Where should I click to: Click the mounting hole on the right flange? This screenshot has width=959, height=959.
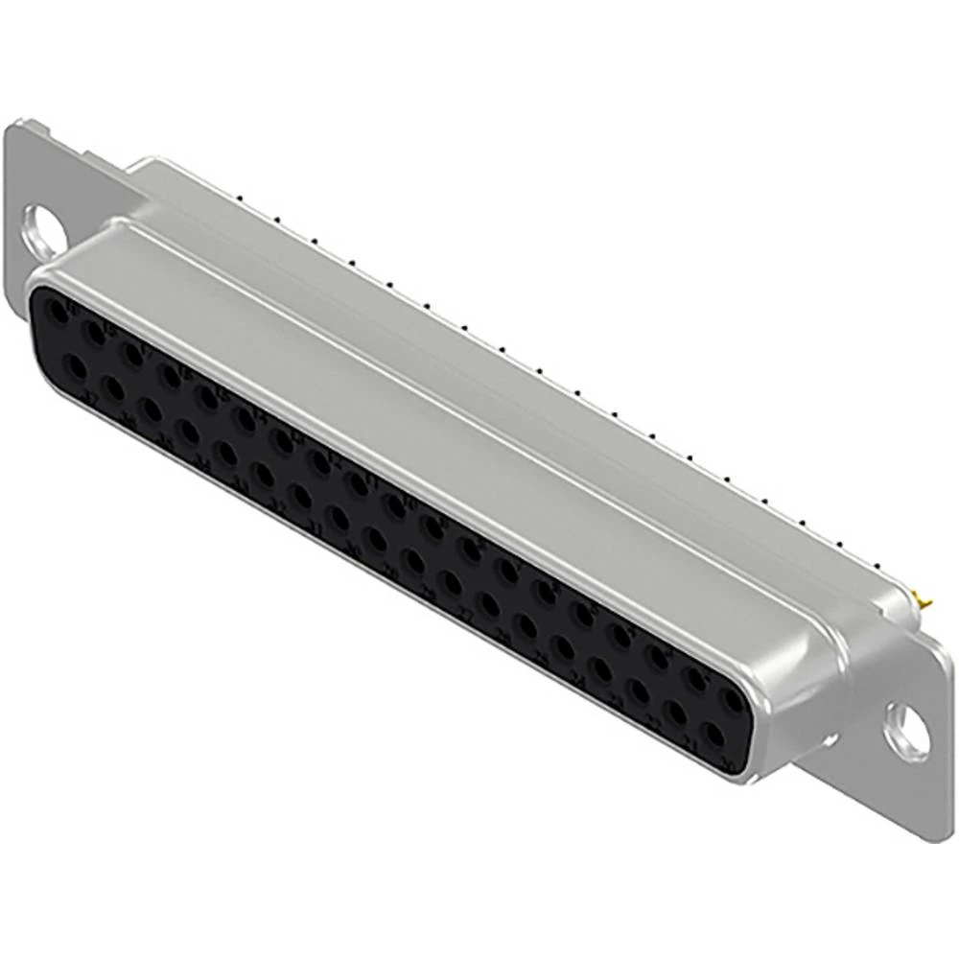click(x=905, y=733)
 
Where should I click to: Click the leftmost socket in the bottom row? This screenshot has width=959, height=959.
click(x=74, y=366)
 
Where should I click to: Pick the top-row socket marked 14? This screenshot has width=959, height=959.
click(x=246, y=419)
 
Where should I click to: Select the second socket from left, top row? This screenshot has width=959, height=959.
click(x=94, y=334)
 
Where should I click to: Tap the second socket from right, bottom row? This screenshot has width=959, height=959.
click(x=675, y=713)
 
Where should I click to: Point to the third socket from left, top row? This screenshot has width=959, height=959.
click(x=132, y=355)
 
